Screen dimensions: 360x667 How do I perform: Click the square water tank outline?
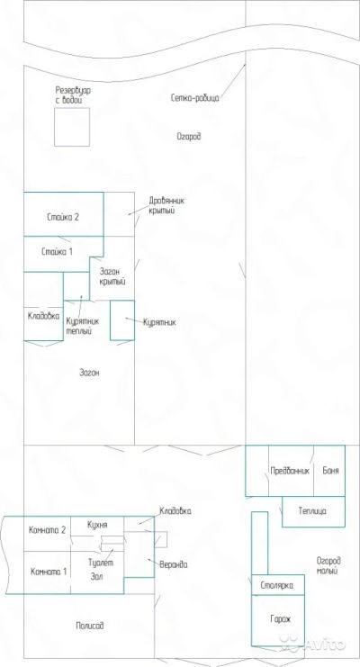point(55,127)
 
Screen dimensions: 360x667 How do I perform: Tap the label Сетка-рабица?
point(195,98)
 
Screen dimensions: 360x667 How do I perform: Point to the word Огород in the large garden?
point(188,136)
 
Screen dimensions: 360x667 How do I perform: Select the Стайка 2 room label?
point(63,217)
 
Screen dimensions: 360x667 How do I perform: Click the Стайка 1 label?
point(57,251)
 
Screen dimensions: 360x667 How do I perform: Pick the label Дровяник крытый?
point(166,205)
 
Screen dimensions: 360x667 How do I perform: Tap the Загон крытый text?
point(112,276)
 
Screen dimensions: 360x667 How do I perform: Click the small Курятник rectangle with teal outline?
point(110,320)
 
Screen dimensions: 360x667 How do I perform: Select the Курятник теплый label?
point(80,326)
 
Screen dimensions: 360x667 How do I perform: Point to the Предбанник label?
point(290,471)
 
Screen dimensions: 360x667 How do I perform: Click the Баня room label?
point(330,471)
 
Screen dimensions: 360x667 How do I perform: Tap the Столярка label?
point(276,585)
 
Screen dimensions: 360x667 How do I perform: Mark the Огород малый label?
point(328,566)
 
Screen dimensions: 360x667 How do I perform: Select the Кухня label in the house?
point(97,525)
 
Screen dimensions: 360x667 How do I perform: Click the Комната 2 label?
point(47,530)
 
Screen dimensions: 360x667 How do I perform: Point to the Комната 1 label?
point(49,572)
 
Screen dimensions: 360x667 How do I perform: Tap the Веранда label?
point(173,565)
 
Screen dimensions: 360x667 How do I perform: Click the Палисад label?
point(90,626)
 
